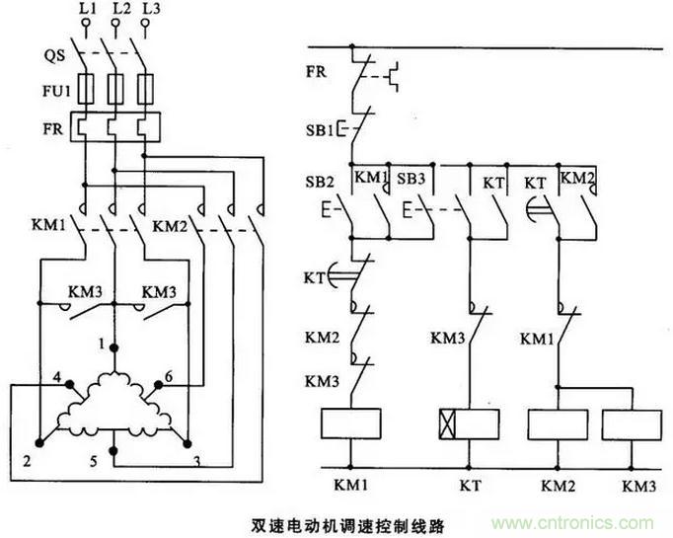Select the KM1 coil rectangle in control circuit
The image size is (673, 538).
coord(350,424)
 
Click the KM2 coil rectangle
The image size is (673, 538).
coord(558,425)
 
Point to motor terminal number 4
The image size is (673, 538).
coord(58,377)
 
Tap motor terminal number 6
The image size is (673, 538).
coord(169,377)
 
